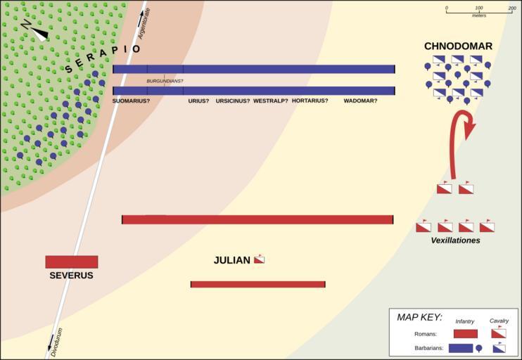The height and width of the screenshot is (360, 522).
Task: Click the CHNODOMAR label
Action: click(x=458, y=46)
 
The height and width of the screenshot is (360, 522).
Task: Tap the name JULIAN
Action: click(x=231, y=261)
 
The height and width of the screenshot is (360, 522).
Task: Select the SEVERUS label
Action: click(x=71, y=276)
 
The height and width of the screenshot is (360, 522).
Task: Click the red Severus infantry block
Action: click(x=71, y=262)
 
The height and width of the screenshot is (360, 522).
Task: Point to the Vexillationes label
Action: click(x=455, y=240)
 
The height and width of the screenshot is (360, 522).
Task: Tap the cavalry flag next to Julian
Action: click(x=259, y=259)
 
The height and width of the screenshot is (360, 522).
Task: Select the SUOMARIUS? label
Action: click(x=131, y=101)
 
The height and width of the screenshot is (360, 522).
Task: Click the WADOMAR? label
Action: click(x=360, y=101)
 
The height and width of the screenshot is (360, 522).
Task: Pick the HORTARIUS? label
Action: click(x=310, y=101)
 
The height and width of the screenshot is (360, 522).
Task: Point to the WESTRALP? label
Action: click(x=271, y=101)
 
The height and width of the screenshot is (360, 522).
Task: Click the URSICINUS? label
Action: click(x=233, y=101)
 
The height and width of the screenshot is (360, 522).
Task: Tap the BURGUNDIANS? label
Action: click(x=165, y=82)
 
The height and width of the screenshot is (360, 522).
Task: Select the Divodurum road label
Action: click(x=56, y=342)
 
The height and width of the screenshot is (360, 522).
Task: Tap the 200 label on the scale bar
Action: click(x=511, y=8)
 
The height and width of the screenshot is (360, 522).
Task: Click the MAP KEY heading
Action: click(x=419, y=317)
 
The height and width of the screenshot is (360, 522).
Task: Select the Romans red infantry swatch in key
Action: click(x=465, y=333)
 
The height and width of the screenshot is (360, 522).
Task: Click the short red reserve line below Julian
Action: click(x=257, y=284)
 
